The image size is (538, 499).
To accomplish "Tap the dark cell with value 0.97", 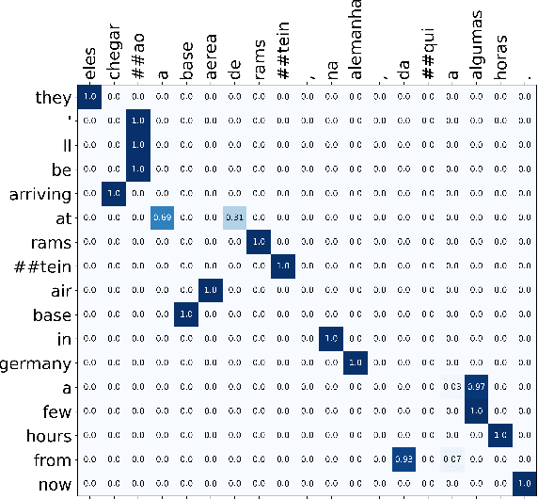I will [476, 386].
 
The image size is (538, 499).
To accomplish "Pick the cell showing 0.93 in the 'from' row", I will [403, 459].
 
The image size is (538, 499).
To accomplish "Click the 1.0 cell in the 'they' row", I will [89, 96].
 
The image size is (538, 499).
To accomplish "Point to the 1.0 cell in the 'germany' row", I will [356, 362].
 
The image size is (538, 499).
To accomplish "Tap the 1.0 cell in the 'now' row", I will [524, 482].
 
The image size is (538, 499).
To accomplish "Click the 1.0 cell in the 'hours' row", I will [499, 434].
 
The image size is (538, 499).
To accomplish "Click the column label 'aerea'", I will [210, 60].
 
